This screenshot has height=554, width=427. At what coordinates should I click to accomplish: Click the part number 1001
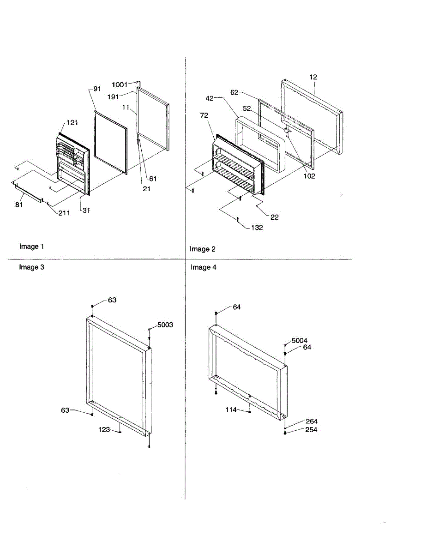pyautogui.click(x=120, y=84)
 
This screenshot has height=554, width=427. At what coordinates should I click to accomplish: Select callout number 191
pyautogui.click(x=113, y=96)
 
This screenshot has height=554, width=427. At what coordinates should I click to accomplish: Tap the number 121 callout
pyautogui.click(x=72, y=123)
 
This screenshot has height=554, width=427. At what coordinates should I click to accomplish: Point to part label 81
pyautogui.click(x=18, y=205)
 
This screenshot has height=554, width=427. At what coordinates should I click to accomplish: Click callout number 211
pyautogui.click(x=64, y=213)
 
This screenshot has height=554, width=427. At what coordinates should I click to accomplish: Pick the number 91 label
pyautogui.click(x=97, y=89)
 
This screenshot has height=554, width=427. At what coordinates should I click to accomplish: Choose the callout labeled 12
pyautogui.click(x=313, y=77)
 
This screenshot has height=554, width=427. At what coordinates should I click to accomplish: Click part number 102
pyautogui.click(x=309, y=176)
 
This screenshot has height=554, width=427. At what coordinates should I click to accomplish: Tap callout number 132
pyautogui.click(x=257, y=228)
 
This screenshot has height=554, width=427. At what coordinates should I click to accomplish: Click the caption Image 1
pyautogui.click(x=32, y=247)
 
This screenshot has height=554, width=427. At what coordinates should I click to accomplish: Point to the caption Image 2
pyautogui.click(x=203, y=249)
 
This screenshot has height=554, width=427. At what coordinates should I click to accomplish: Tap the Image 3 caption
pyautogui.click(x=32, y=267)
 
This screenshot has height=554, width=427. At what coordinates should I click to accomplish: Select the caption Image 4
pyautogui.click(x=204, y=267)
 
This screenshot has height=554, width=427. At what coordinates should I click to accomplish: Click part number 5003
pyautogui.click(x=165, y=325)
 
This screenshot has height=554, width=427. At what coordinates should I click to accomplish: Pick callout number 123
pyautogui.click(x=104, y=430)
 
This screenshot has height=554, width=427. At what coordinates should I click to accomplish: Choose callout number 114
pyautogui.click(x=231, y=409)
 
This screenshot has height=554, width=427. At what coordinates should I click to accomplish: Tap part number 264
pyautogui.click(x=311, y=422)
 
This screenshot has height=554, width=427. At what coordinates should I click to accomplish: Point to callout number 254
pyautogui.click(x=311, y=430)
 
